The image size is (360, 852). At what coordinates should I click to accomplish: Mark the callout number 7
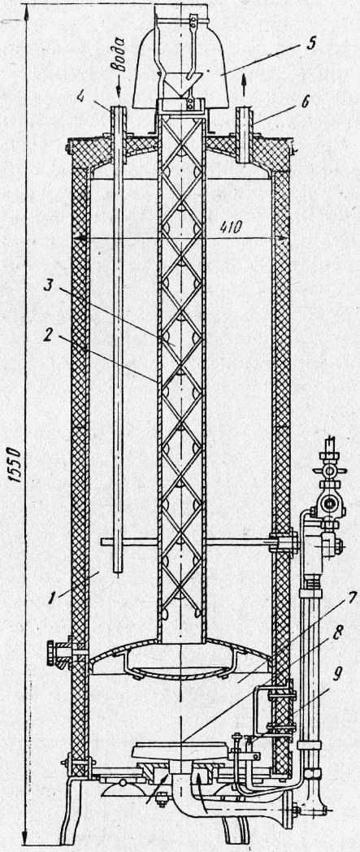tap(352, 598)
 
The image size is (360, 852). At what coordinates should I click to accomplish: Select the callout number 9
tap(338, 674)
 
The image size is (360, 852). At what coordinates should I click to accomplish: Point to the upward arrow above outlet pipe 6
tap(243, 88)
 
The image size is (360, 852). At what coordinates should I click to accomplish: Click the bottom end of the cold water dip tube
tap(118, 572)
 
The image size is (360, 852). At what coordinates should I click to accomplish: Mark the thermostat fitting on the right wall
tap(284, 543)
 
